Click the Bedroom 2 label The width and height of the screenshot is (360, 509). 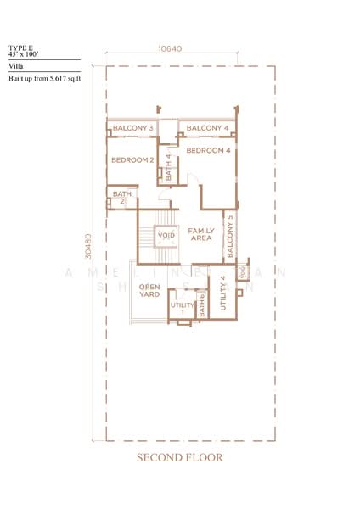tap(132, 159)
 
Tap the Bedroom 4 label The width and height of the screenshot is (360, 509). tap(208, 151)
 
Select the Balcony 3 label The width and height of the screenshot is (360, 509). tap(133, 128)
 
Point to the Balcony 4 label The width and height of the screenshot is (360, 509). tap(207, 128)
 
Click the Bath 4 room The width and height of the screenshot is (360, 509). tap(168, 167)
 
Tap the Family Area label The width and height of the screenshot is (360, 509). tap(200, 235)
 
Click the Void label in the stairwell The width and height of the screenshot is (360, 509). tap(166, 235)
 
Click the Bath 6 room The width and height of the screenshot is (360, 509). tap(202, 305)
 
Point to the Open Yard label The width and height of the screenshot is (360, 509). tap(149, 292)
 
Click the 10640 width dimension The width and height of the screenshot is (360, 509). tap(169, 48)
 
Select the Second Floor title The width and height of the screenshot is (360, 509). tap(180, 457)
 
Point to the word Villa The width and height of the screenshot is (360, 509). tap(16, 64)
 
